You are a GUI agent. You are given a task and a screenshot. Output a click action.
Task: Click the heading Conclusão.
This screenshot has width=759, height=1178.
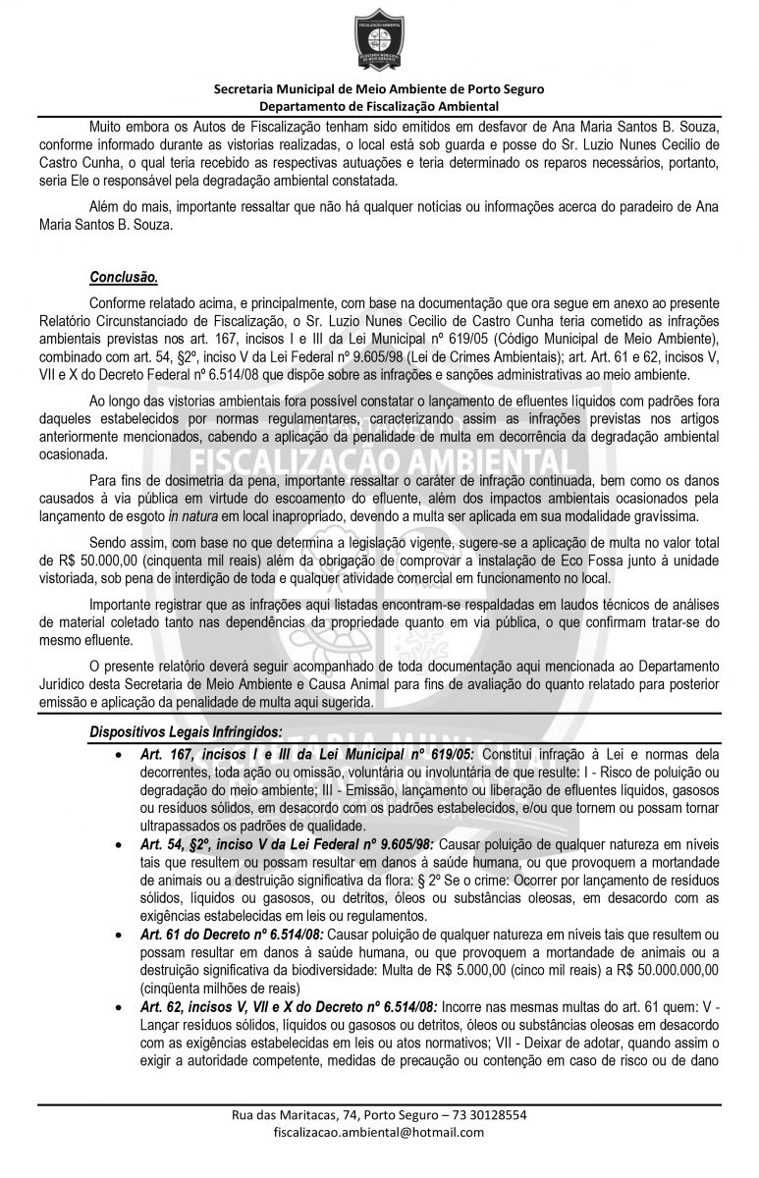pyautogui.click(x=124, y=277)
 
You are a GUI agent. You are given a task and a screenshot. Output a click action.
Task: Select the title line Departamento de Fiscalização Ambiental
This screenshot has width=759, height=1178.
pyautogui.click(x=379, y=106)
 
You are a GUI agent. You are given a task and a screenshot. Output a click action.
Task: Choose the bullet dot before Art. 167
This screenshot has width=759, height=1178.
pyautogui.click(x=118, y=754)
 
